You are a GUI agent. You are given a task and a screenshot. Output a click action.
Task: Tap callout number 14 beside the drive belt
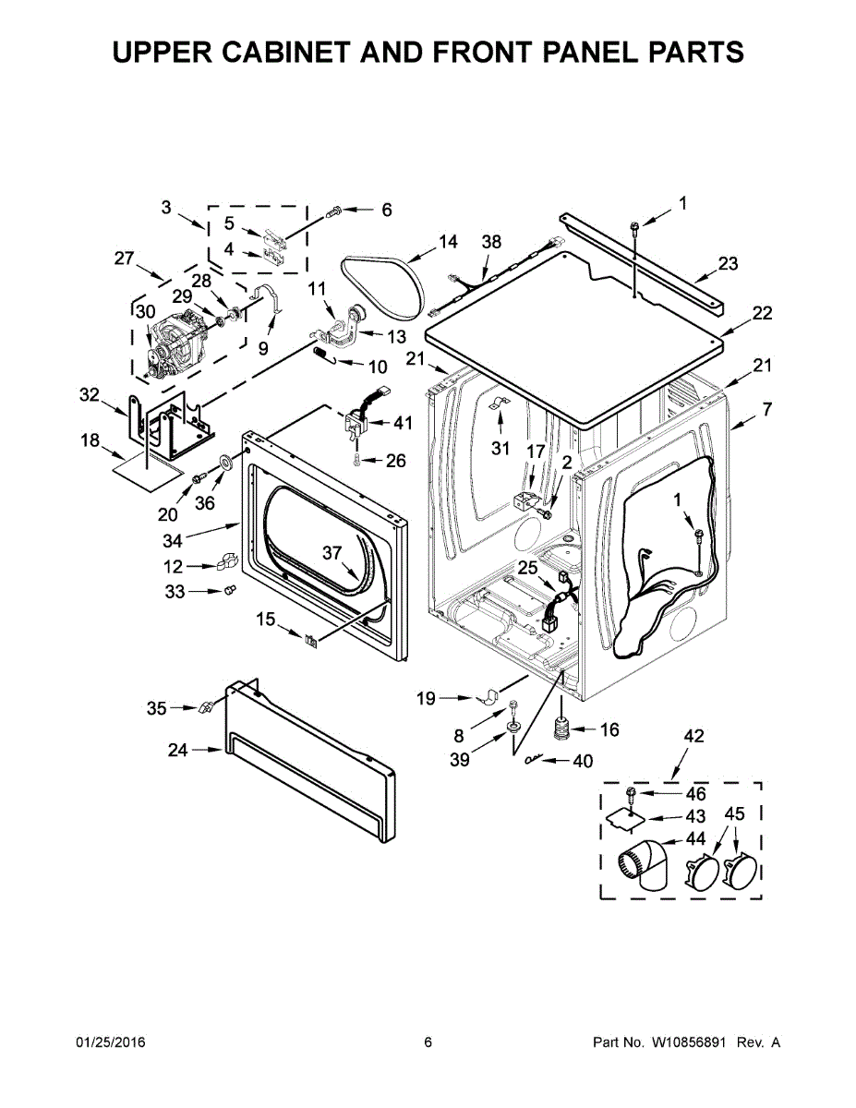(448, 242)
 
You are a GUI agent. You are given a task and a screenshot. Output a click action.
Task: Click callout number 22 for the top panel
(761, 313)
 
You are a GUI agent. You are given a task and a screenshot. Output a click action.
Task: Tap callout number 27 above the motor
(125, 259)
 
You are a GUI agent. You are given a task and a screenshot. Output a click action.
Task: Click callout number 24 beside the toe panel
(177, 751)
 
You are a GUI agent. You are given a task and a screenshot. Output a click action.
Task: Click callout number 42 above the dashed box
(693, 736)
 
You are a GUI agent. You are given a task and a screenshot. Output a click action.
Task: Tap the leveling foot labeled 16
(561, 729)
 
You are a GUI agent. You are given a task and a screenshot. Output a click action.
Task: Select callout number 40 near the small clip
(583, 762)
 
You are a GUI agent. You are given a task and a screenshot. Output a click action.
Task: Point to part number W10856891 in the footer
(689, 1042)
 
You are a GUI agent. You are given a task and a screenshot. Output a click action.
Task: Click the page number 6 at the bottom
(428, 1042)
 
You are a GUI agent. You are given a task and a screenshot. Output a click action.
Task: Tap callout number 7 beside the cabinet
(766, 409)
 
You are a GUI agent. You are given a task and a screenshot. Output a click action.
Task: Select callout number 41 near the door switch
(403, 424)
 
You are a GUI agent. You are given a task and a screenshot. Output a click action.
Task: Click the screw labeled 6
(337, 211)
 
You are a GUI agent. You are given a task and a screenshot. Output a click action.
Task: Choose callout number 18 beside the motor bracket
(90, 441)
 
